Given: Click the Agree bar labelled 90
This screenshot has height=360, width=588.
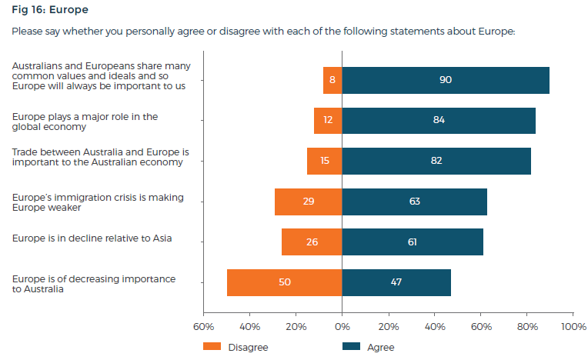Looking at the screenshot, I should tap(446, 80).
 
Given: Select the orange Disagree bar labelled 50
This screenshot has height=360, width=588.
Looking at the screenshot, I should tap(285, 282).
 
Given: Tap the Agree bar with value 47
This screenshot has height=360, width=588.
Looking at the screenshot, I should tap(396, 282).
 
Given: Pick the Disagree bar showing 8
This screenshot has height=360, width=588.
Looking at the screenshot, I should tap(332, 80).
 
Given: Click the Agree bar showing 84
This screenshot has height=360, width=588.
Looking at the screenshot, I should tap(439, 120).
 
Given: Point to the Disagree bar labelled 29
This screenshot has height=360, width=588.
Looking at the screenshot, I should tap(309, 202).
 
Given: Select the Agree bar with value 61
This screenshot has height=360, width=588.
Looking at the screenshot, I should tap(413, 242).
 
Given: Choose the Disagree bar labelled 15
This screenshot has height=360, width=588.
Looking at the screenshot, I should tap(325, 161).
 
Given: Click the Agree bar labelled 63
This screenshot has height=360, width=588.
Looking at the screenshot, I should tap(415, 202).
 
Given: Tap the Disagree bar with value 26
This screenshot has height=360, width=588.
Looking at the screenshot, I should tap(312, 242).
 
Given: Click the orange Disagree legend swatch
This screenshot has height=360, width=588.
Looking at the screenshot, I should tap(212, 347).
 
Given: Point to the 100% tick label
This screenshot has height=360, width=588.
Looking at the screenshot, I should tap(573, 327).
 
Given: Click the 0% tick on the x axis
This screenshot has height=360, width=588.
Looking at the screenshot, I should tap(342, 327).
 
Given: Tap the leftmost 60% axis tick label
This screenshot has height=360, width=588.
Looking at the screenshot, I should tap(203, 327).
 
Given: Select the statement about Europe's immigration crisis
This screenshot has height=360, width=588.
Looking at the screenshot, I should tap(98, 202).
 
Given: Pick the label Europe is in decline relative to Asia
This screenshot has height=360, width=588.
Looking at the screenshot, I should tap(92, 238).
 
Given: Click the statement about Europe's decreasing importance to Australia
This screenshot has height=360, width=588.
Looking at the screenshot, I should tap(94, 284).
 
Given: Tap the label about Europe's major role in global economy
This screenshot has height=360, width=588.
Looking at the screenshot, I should tap(85, 122).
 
